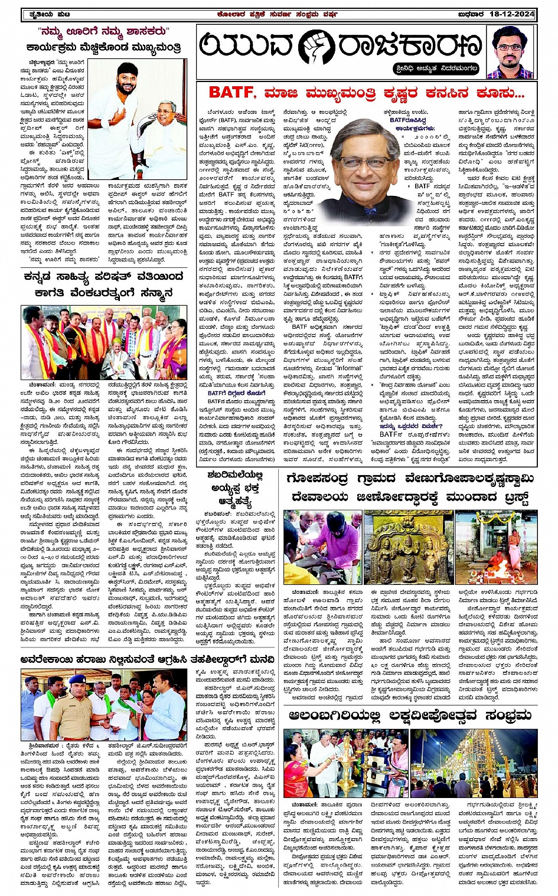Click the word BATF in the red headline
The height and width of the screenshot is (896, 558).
tap(232, 93)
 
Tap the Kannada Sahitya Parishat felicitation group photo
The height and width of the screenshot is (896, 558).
tap(105, 342)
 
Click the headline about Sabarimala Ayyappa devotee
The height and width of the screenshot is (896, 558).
tap(235, 488)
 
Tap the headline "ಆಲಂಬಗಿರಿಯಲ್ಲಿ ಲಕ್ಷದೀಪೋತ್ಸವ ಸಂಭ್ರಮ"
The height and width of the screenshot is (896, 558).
tap(410, 716)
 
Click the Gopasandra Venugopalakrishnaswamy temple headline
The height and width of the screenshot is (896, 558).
tap(410, 487)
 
